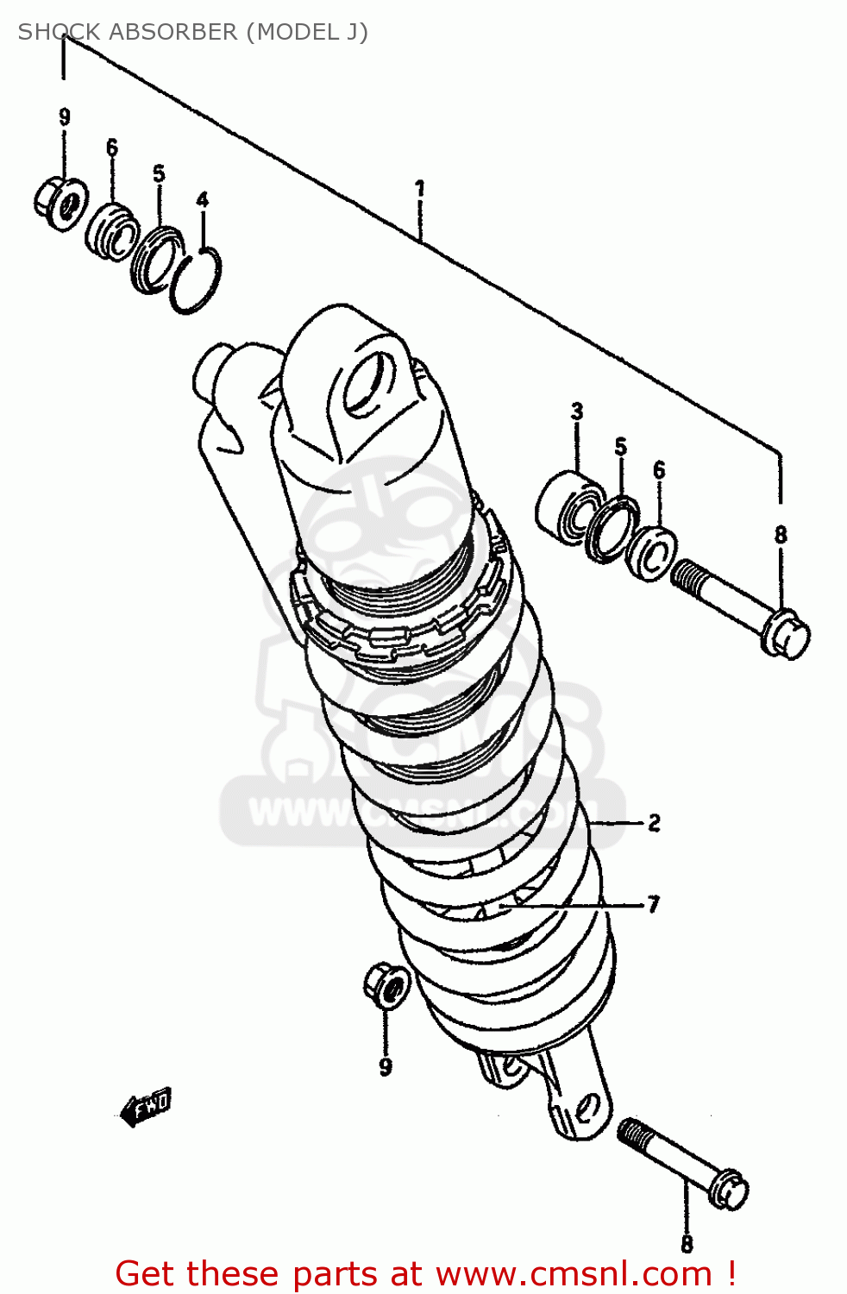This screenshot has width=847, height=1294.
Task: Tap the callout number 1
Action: click(x=419, y=188)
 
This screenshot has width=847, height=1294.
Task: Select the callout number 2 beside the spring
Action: click(x=654, y=823)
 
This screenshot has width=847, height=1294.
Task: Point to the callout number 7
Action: click(x=653, y=904)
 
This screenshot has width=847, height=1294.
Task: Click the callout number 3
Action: click(x=577, y=411)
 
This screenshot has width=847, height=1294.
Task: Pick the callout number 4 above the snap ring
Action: click(x=202, y=200)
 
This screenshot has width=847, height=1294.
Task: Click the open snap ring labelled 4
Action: click(x=196, y=280)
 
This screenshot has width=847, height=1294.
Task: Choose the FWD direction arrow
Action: click(x=146, y=1106)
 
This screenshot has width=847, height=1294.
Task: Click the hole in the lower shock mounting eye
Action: click(x=587, y=1107)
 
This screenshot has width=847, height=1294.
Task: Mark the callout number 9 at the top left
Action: click(x=65, y=117)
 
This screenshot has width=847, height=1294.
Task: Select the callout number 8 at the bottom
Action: click(x=687, y=1244)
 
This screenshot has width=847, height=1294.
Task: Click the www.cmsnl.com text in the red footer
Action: click(x=574, y=1273)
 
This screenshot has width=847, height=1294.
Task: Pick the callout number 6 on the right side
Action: click(x=659, y=470)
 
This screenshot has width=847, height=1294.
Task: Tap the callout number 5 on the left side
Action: click(x=159, y=173)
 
